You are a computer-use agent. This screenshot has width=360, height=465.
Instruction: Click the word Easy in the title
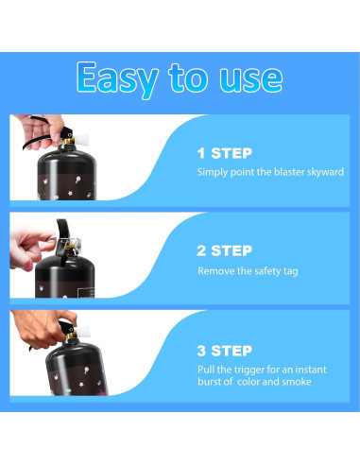(x=117, y=78)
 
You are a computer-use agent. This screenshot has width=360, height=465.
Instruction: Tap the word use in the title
(x=251, y=78)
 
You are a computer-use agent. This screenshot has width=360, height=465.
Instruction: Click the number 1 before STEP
(x=201, y=153)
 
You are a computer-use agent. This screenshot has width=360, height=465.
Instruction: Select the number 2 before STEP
(x=201, y=250)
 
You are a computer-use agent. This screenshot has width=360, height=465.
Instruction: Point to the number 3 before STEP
(x=201, y=351)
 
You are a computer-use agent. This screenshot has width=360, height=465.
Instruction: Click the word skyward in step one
(x=325, y=172)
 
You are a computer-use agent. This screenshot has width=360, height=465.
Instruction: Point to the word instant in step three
(x=311, y=370)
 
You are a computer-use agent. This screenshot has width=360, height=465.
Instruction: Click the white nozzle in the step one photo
(x=81, y=139)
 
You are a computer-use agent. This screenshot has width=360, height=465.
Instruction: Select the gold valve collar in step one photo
(x=68, y=142)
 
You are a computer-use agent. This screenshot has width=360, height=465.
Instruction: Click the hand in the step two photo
(x=30, y=247)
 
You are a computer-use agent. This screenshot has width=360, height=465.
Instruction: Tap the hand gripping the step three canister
(x=44, y=328)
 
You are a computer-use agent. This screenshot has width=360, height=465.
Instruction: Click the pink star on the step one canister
(x=70, y=193)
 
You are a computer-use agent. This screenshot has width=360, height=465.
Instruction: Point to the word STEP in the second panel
(x=231, y=250)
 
